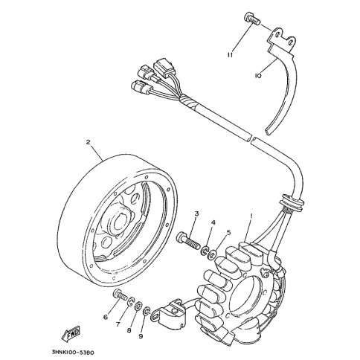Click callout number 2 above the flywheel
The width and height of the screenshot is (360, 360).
point(89,142)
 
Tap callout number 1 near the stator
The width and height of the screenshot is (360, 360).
point(251,216)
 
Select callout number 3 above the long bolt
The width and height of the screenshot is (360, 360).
point(196,213)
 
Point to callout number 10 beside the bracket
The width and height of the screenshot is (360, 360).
point(258,76)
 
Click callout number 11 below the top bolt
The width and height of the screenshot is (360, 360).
point(231,55)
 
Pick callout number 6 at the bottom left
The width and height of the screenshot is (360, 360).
point(106,317)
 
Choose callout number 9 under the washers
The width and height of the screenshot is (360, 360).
point(141,336)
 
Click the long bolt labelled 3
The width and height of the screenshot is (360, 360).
point(188,240)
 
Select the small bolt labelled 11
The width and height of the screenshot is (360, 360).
point(251,19)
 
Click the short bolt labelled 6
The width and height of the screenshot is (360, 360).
point(120,295)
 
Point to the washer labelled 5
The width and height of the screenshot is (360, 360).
point(213,254)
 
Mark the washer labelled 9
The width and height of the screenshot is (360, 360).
point(147,311)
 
